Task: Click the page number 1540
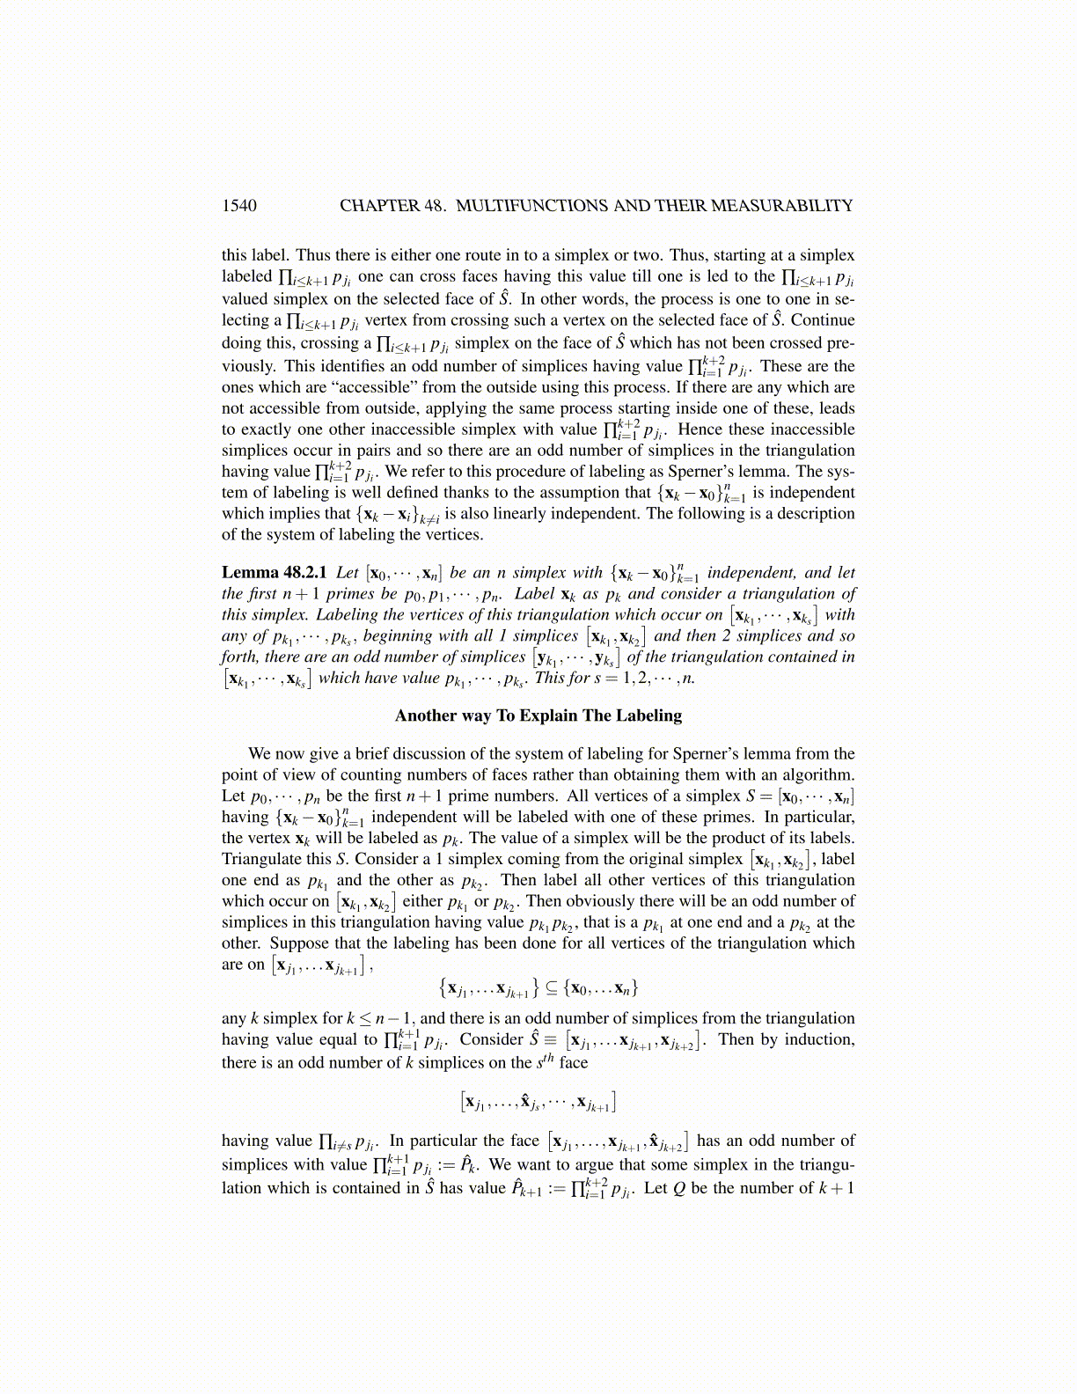click(x=239, y=206)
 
